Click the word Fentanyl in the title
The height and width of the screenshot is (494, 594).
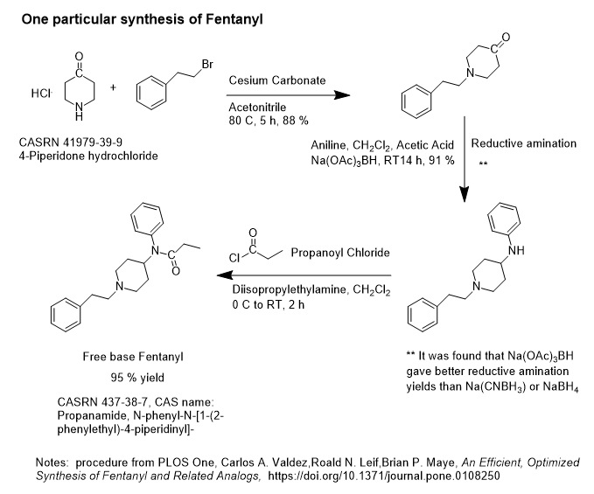[x=227, y=17]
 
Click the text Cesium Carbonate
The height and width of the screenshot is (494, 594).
[x=277, y=80]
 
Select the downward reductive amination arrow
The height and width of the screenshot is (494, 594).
[x=464, y=163]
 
